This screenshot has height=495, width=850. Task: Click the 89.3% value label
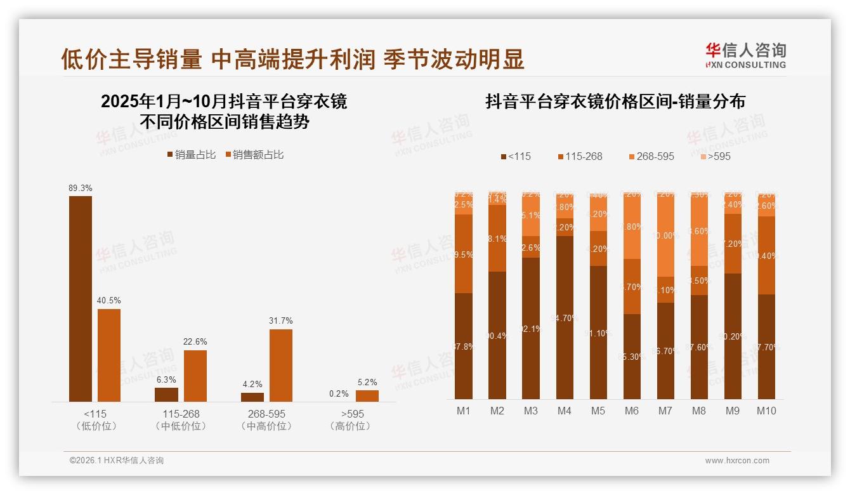tap(81, 188)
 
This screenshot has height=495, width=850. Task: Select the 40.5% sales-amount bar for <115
tap(109, 355)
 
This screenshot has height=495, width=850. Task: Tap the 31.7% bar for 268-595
tap(281, 365)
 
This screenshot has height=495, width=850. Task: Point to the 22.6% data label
tap(195, 342)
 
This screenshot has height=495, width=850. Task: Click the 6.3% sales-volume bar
tap(167, 395)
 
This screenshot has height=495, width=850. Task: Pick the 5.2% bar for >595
tap(367, 396)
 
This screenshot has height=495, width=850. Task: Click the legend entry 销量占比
tap(192, 155)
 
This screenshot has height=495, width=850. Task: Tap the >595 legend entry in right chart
tap(715, 156)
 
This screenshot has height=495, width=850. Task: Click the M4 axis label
tap(565, 411)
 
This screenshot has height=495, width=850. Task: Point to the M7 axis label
tap(665, 411)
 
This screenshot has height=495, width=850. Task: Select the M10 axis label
tap(766, 411)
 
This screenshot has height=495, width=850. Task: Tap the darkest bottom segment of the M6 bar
tap(632, 356)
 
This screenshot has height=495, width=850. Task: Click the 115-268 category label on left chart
tap(181, 414)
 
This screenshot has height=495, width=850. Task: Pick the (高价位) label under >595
tap(350, 426)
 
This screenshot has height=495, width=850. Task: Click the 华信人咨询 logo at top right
tap(746, 55)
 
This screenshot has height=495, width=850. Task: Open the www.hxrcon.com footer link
tap(737, 461)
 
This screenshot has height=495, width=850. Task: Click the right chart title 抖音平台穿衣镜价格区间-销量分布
tap(615, 102)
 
